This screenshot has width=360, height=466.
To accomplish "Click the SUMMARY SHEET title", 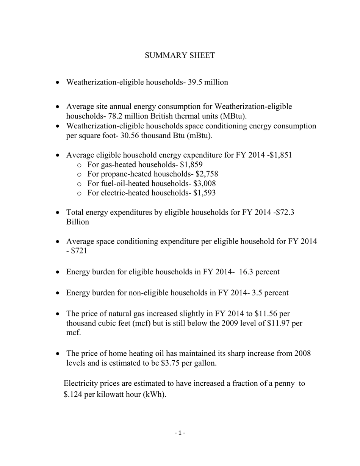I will point(180,56).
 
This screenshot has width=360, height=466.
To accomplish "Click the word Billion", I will point(78,222).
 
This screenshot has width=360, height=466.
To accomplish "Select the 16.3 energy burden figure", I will point(247,272).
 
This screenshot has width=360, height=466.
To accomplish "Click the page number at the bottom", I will point(180,433).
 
